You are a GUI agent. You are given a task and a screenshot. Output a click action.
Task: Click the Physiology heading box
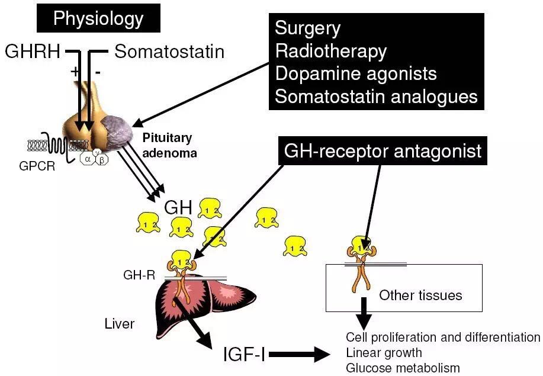point(98,18)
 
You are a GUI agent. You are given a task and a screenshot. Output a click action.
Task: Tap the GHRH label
point(33,52)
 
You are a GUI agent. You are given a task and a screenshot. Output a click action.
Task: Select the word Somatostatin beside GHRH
point(169,52)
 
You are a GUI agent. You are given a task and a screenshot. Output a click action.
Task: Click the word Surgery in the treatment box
point(307,28)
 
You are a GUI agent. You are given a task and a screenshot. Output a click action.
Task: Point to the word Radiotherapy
point(331,52)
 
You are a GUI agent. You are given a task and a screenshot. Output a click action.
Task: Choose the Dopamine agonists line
point(356,73)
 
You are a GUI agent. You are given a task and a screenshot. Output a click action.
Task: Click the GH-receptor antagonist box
point(383,151)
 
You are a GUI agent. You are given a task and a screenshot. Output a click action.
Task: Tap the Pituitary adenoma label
point(169,145)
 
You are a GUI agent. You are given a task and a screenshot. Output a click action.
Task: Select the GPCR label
point(37,166)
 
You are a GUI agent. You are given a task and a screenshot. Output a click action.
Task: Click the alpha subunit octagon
point(88,159)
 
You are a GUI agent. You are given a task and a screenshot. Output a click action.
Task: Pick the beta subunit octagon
point(102,160)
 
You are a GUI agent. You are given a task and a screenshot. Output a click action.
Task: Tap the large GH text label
point(178,207)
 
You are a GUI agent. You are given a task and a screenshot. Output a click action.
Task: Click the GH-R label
point(139,275)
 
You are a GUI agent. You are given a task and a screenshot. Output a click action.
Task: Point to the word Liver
point(120,324)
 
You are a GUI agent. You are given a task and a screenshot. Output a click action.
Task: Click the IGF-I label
point(245,354)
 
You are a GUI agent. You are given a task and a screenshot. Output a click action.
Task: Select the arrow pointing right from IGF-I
point(300,354)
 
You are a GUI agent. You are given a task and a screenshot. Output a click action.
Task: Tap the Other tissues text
point(420,295)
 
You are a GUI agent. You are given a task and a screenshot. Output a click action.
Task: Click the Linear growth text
point(384,353)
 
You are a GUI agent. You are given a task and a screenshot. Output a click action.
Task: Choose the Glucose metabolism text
point(403,368)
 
